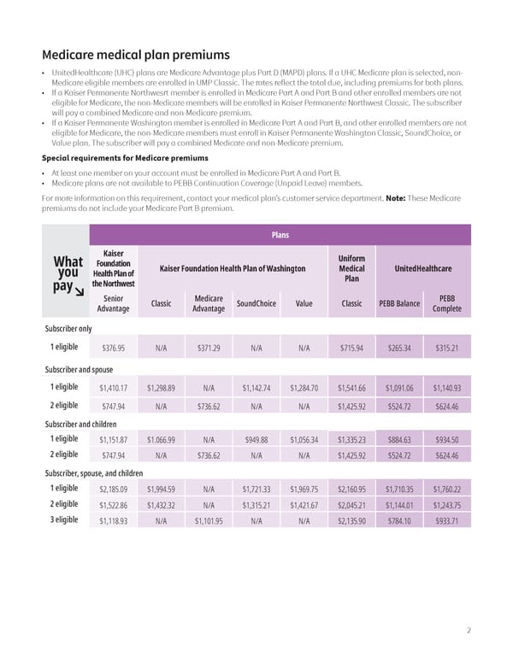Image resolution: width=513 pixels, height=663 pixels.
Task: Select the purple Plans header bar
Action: coord(280,233)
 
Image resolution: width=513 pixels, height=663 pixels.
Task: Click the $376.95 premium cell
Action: coord(113,349)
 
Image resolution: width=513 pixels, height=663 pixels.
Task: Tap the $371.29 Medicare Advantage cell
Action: coord(209,349)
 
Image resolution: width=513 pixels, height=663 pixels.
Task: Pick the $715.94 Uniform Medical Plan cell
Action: coord(351,349)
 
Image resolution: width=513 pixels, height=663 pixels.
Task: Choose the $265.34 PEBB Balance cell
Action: coord(399,349)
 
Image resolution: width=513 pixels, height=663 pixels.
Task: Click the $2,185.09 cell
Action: coord(113,490)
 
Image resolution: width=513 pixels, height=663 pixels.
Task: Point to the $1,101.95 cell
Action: coord(209,520)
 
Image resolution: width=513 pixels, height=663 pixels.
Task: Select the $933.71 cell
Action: coord(447,520)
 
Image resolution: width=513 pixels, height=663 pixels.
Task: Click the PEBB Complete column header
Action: coord(447,303)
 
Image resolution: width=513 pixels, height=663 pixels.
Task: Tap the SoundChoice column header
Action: coord(256,303)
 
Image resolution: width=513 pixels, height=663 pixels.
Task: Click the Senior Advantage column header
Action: coord(113,303)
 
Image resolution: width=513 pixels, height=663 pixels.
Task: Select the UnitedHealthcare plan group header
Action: coord(422,268)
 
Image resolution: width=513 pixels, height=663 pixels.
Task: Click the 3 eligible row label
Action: coord(64,519)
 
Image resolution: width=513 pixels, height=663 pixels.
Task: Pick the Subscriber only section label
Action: coord(68,328)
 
